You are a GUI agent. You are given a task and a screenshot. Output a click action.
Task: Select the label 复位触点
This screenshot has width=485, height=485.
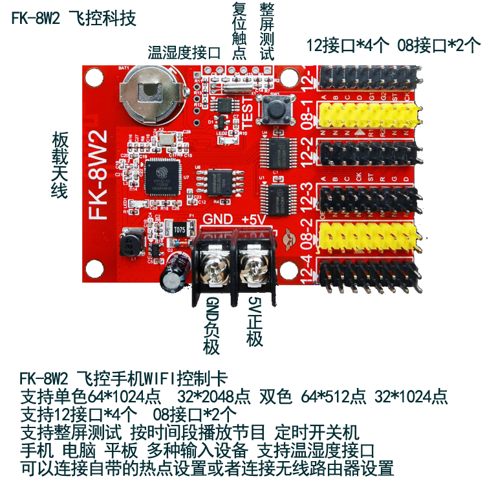coord(238,31)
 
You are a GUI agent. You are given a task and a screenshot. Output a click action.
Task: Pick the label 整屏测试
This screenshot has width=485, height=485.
coord(266,31)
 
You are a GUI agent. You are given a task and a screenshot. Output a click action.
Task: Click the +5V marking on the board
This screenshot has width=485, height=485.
coord(254,219)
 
